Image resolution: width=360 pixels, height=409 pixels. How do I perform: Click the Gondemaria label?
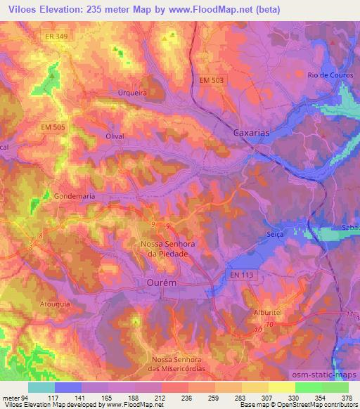(x=74, y=197)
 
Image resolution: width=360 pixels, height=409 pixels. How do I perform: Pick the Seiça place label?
(x=276, y=234)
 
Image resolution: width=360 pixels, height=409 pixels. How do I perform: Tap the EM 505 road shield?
(x=53, y=126)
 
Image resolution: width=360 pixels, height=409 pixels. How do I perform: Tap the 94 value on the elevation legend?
(x=26, y=398)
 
